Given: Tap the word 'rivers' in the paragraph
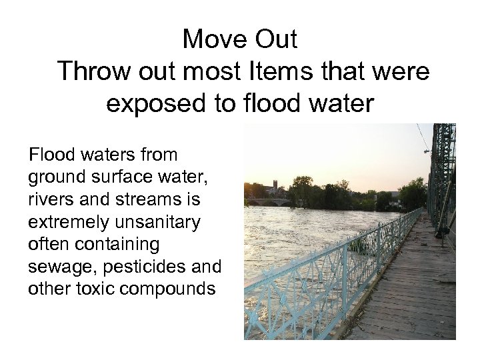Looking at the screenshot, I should (49, 201).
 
